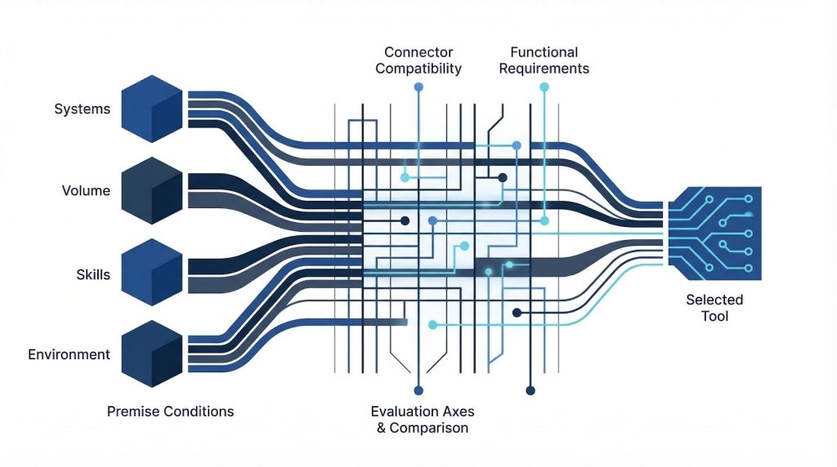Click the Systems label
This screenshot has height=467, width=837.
[x=82, y=109]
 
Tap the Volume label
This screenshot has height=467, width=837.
[x=86, y=191]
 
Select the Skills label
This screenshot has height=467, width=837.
[x=92, y=275]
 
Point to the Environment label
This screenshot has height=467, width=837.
[x=69, y=354]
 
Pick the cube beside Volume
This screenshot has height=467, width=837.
[x=151, y=193]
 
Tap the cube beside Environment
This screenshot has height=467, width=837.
[x=151, y=354]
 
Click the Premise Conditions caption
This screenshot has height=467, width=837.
[x=170, y=411]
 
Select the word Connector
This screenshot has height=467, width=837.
[x=419, y=51]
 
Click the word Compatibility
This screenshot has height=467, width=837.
[x=419, y=69]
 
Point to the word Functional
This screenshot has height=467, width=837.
[x=544, y=51]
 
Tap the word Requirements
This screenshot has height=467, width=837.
[x=544, y=69]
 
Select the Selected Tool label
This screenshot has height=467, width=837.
[x=714, y=308]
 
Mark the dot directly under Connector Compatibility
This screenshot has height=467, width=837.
[x=419, y=87]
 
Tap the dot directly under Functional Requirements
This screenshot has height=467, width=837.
[x=544, y=87]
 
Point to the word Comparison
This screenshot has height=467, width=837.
[x=429, y=428]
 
